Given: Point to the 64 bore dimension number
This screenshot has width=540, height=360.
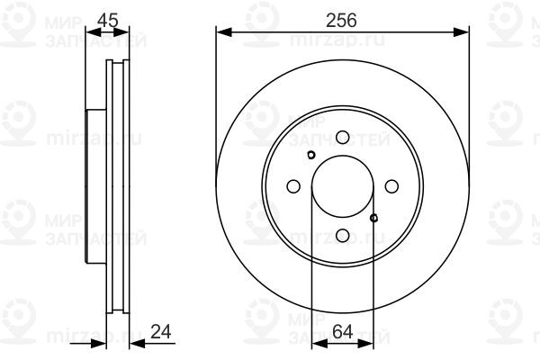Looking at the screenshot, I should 342,330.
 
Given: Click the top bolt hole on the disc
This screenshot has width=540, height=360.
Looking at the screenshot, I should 343,137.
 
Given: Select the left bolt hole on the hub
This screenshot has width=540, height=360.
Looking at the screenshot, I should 293,186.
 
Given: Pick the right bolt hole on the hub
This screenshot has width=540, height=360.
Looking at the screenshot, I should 391,186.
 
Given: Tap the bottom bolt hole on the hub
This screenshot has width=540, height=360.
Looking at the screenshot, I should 343,235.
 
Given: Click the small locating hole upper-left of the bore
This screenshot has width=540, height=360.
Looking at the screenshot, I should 311,156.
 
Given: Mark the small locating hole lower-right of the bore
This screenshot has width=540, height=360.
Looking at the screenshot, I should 374,216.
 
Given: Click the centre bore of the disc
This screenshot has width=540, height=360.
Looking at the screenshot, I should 343,186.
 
